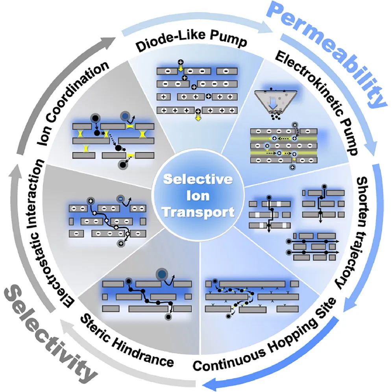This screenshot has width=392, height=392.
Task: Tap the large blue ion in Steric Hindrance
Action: [x=161, y=274]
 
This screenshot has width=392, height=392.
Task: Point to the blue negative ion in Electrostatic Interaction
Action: [x=121, y=199]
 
